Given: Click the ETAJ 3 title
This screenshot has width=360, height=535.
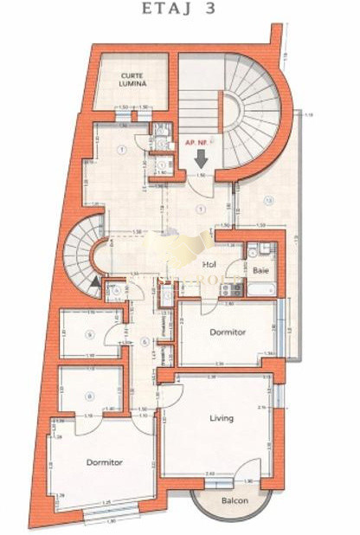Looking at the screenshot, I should (x=179, y=10).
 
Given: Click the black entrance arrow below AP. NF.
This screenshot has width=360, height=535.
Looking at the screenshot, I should (x=201, y=158).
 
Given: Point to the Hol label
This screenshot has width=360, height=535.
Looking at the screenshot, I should (x=209, y=265).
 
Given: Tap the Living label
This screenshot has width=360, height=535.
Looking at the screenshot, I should (x=222, y=418).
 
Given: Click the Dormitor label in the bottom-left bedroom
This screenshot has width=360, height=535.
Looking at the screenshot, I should (x=105, y=462).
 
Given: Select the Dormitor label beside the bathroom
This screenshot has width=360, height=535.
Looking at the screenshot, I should (x=228, y=332).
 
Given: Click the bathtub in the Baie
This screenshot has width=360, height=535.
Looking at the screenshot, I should (x=261, y=289).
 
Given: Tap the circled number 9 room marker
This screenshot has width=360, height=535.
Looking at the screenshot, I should (x=89, y=334).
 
